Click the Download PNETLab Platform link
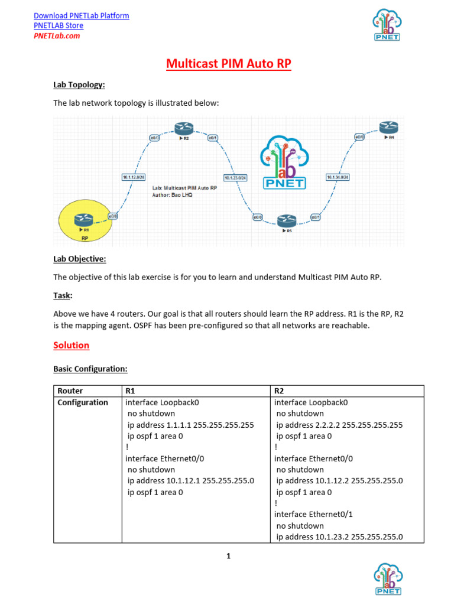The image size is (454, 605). pyautogui.click(x=81, y=15)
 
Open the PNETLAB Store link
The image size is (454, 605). pyautogui.click(x=59, y=25)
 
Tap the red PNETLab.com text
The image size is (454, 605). pyautogui.click(x=57, y=35)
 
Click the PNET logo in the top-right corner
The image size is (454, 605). pyautogui.click(x=386, y=25)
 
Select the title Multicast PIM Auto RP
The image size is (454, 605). pyautogui.click(x=229, y=64)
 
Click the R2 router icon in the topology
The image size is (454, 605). pyautogui.click(x=181, y=129)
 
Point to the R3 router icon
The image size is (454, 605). pyautogui.click(x=286, y=222)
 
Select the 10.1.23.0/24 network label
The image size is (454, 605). pyautogui.click(x=235, y=177)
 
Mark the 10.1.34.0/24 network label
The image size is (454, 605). pyautogui.click(x=338, y=177)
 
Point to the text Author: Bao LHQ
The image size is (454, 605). pyautogui.click(x=172, y=194)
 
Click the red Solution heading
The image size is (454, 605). pyautogui.click(x=71, y=345)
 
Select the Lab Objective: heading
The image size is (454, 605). pyautogui.click(x=80, y=259)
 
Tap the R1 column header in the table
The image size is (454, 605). pyautogui.click(x=131, y=391)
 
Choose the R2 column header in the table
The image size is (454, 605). pyautogui.click(x=280, y=391)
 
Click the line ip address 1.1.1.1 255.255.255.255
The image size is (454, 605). pyautogui.click(x=190, y=425)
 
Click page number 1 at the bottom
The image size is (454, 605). pyautogui.click(x=228, y=556)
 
